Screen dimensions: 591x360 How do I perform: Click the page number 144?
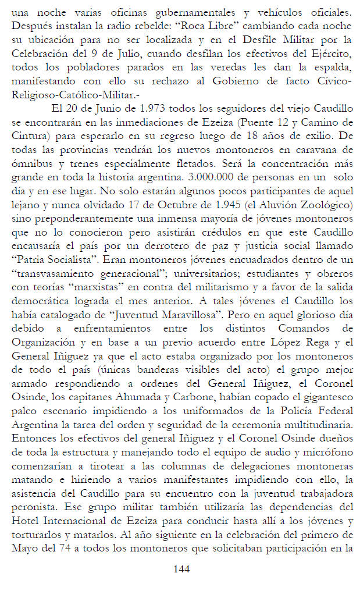pyautogui.click(x=181, y=569)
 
